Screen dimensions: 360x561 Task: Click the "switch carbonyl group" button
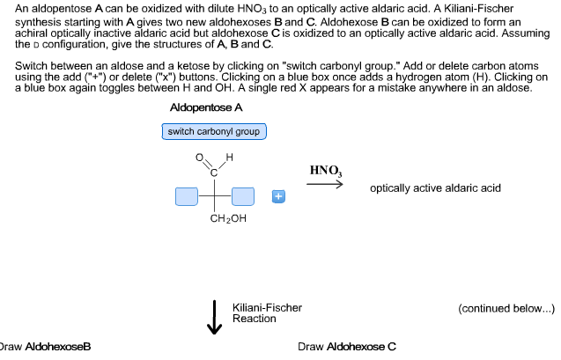click(x=214, y=132)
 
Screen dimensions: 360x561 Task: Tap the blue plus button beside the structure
click(x=277, y=196)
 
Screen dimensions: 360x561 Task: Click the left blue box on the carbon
click(x=187, y=196)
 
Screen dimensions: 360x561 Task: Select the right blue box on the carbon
click(x=243, y=196)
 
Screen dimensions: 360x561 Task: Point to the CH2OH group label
click(x=228, y=219)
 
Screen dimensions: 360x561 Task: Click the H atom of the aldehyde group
click(x=229, y=158)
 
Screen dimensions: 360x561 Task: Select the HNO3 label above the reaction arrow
click(x=326, y=170)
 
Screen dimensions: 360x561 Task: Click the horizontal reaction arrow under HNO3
click(x=326, y=184)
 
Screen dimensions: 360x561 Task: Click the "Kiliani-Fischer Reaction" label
click(x=267, y=312)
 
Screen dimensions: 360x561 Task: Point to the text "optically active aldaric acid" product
click(x=435, y=188)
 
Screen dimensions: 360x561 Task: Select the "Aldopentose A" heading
click(x=206, y=107)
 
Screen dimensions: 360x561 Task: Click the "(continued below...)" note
click(x=506, y=308)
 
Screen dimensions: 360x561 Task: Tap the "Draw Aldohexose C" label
click(x=347, y=347)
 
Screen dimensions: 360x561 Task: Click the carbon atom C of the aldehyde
click(x=214, y=173)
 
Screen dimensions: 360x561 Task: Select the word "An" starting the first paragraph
click(x=22, y=8)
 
